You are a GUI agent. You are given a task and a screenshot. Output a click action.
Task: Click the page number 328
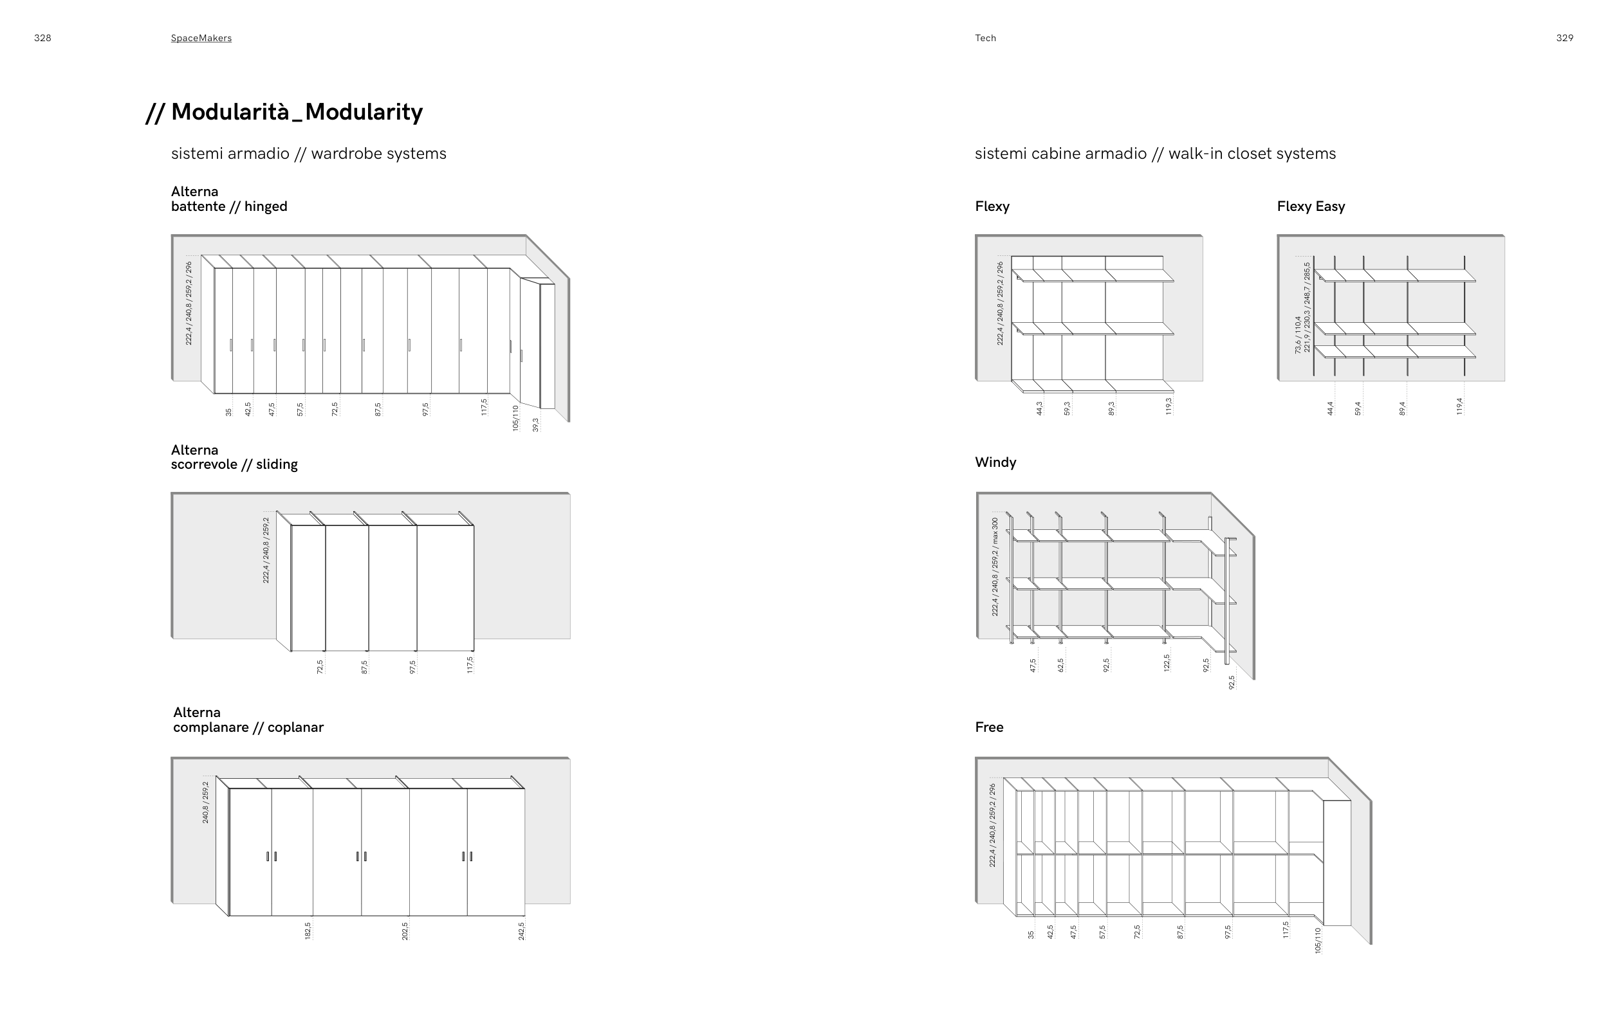42,38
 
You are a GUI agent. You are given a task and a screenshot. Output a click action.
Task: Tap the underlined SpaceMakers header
201,38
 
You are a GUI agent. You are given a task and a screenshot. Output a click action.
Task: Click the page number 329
1565,38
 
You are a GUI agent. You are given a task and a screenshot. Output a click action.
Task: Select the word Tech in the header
985,38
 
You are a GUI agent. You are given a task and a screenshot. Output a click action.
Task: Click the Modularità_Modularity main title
297,112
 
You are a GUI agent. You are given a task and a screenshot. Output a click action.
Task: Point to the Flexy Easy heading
1310,206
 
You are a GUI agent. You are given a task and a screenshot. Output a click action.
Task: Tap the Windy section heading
995,462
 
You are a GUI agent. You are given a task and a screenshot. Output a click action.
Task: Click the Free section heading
988,727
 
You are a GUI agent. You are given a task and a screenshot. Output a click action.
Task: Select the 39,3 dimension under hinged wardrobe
535,424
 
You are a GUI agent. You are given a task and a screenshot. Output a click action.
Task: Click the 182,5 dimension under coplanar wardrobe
308,931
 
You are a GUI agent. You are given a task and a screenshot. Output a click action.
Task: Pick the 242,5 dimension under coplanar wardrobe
521,931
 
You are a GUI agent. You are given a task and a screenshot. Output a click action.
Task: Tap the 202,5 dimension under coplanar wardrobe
405,931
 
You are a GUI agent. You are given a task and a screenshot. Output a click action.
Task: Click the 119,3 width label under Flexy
1169,406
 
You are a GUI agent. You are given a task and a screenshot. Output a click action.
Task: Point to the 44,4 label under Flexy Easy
1330,408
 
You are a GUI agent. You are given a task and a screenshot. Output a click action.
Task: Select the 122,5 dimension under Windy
1167,662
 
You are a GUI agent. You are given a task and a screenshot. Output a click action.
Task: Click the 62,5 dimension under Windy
1060,665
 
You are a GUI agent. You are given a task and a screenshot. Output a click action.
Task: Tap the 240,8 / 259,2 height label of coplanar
206,802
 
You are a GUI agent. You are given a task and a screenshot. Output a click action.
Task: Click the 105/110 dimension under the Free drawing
1318,940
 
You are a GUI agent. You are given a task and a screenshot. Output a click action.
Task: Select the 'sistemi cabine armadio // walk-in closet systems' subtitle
1155,154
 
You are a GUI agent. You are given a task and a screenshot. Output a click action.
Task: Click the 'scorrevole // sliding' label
234,464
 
